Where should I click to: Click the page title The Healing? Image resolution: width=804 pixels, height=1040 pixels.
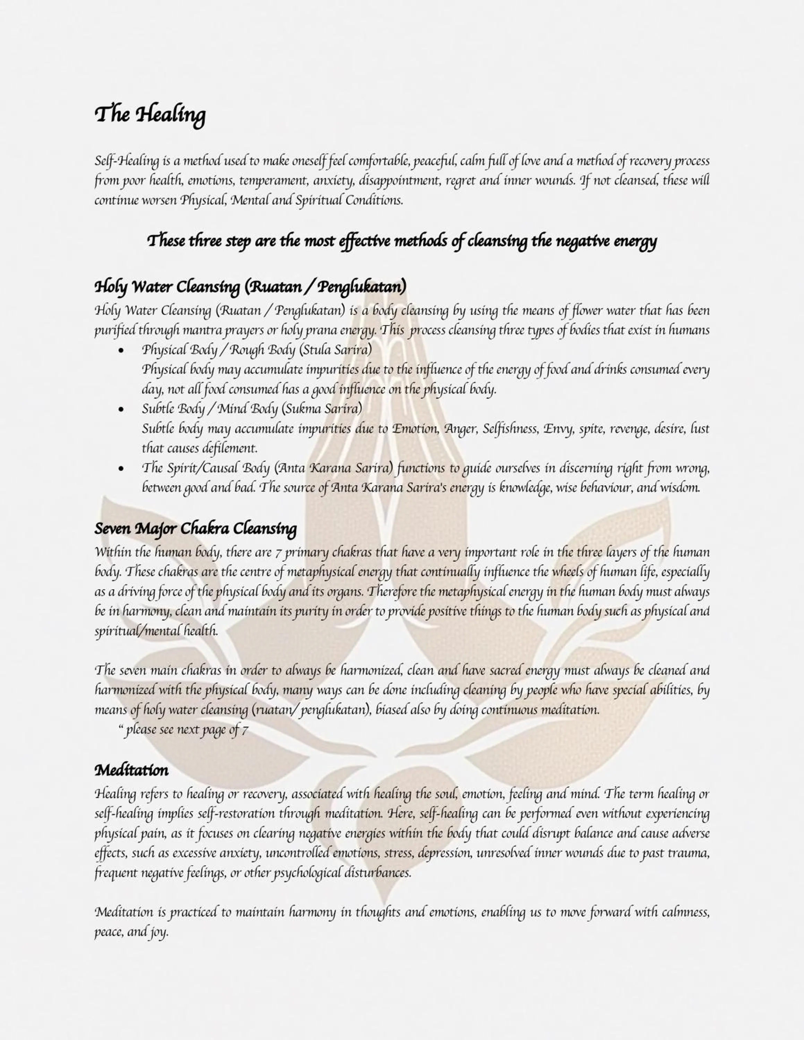pyautogui.click(x=150, y=115)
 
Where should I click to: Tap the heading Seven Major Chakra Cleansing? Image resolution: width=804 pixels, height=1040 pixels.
pyautogui.click(x=195, y=529)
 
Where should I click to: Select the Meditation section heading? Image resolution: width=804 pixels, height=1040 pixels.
pyautogui.click(x=131, y=770)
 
